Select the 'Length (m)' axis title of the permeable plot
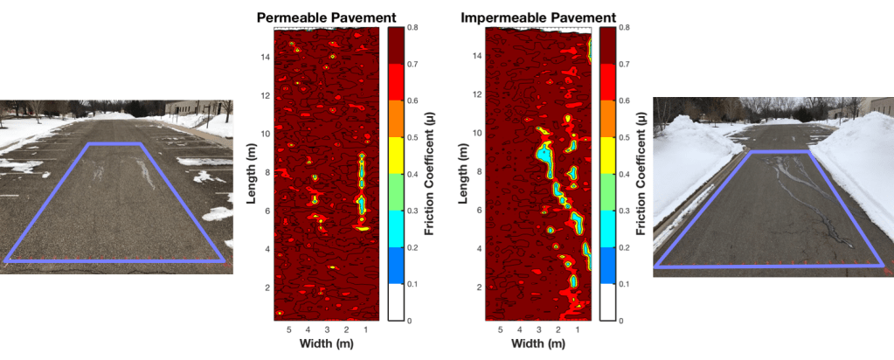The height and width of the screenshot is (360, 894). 251,174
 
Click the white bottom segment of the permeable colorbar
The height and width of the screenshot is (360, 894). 394,302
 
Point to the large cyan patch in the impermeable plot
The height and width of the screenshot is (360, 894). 544,156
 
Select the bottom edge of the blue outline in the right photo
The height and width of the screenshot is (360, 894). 770,265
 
